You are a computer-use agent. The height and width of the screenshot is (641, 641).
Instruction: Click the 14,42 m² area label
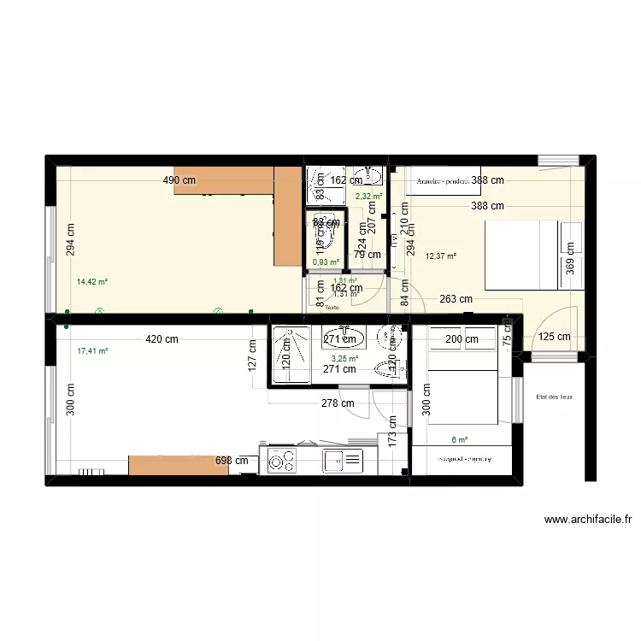pyautogui.click(x=92, y=281)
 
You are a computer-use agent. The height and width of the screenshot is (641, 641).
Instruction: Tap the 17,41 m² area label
pyautogui.click(x=92, y=350)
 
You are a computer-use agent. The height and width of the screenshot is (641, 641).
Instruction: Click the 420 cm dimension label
pyautogui.click(x=162, y=339)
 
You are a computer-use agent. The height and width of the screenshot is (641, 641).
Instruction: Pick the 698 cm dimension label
pyautogui.click(x=232, y=461)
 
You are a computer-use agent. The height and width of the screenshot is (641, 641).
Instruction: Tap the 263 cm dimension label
pyautogui.click(x=456, y=299)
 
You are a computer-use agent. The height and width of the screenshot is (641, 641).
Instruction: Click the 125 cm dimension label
pyautogui.click(x=554, y=337)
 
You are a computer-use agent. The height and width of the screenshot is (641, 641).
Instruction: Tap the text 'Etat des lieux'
pyautogui.click(x=555, y=397)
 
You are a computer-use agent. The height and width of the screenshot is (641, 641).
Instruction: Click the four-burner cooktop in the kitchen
pyautogui.click(x=279, y=462)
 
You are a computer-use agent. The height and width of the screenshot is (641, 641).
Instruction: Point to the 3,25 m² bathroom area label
pyautogui.click(x=344, y=359)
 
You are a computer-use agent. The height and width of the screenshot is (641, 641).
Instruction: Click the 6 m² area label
pyautogui.click(x=460, y=440)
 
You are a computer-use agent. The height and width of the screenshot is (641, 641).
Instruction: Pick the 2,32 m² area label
pyautogui.click(x=368, y=197)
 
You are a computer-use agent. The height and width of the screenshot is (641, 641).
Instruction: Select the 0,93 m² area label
pyautogui.click(x=326, y=262)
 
